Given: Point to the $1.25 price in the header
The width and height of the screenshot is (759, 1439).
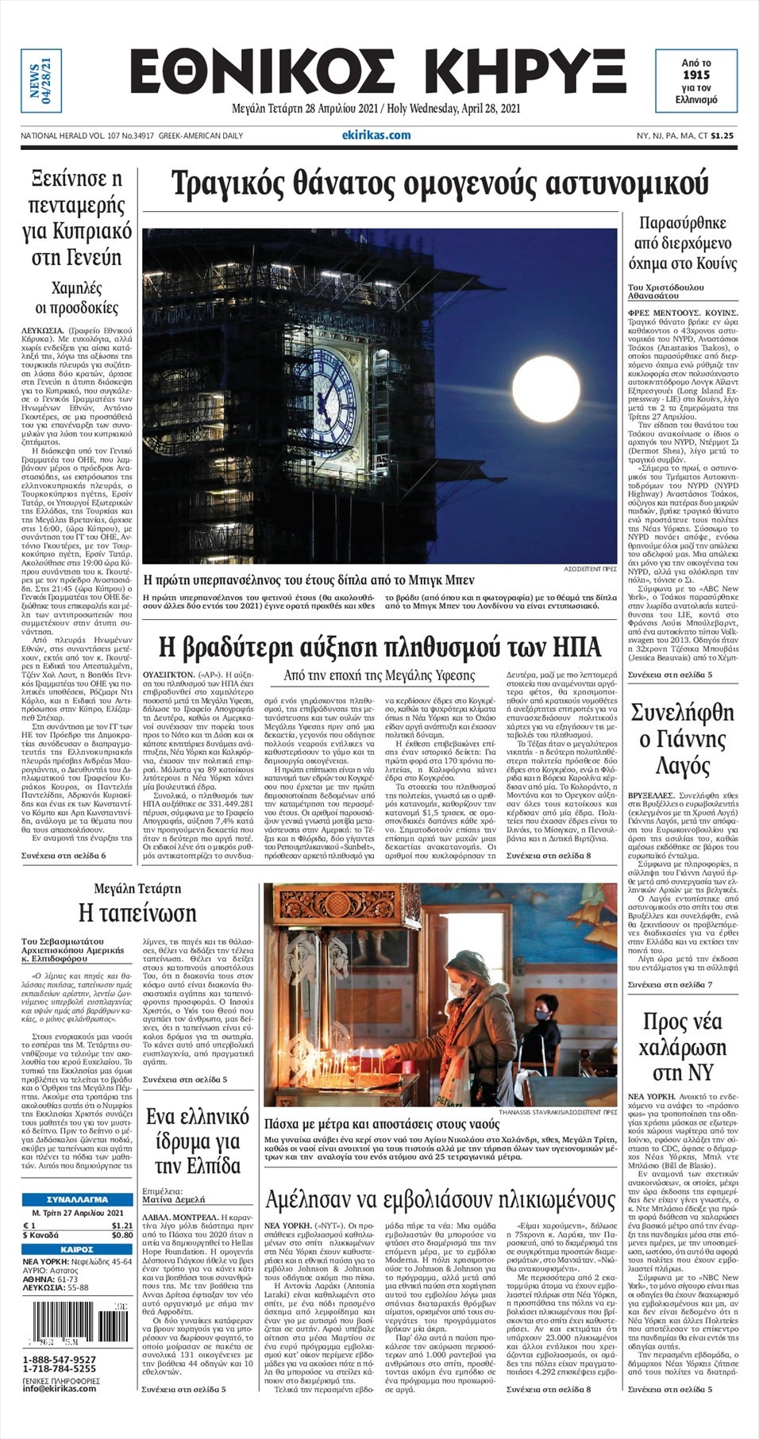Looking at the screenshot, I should tap(722, 136).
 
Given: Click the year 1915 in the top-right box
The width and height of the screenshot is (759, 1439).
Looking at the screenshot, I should tap(695, 75).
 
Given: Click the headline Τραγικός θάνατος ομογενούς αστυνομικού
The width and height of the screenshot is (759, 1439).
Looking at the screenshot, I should tap(439, 183).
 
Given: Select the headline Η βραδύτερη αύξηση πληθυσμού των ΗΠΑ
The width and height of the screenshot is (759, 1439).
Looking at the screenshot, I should tap(379, 647).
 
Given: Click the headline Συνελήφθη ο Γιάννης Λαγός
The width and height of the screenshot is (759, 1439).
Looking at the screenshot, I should tap(682, 739).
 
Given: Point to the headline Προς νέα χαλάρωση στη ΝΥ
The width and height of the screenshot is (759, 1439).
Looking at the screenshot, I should tap(682, 1046).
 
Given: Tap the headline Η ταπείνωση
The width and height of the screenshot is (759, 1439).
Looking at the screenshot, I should tap(137, 913).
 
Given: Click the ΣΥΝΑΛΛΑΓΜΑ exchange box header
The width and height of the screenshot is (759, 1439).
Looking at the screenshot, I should tap(77, 1199).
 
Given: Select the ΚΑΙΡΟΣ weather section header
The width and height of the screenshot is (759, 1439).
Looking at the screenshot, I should tap(77, 1249).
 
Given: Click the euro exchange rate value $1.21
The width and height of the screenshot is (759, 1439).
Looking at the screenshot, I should tap(121, 1225).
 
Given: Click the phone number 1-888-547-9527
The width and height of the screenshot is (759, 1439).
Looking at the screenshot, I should tap(60, 1360).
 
